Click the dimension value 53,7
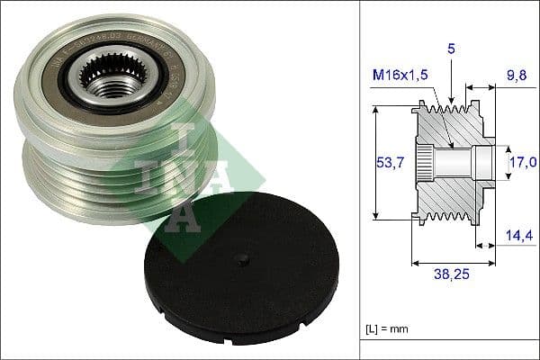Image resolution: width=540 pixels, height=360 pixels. coord(387,163)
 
